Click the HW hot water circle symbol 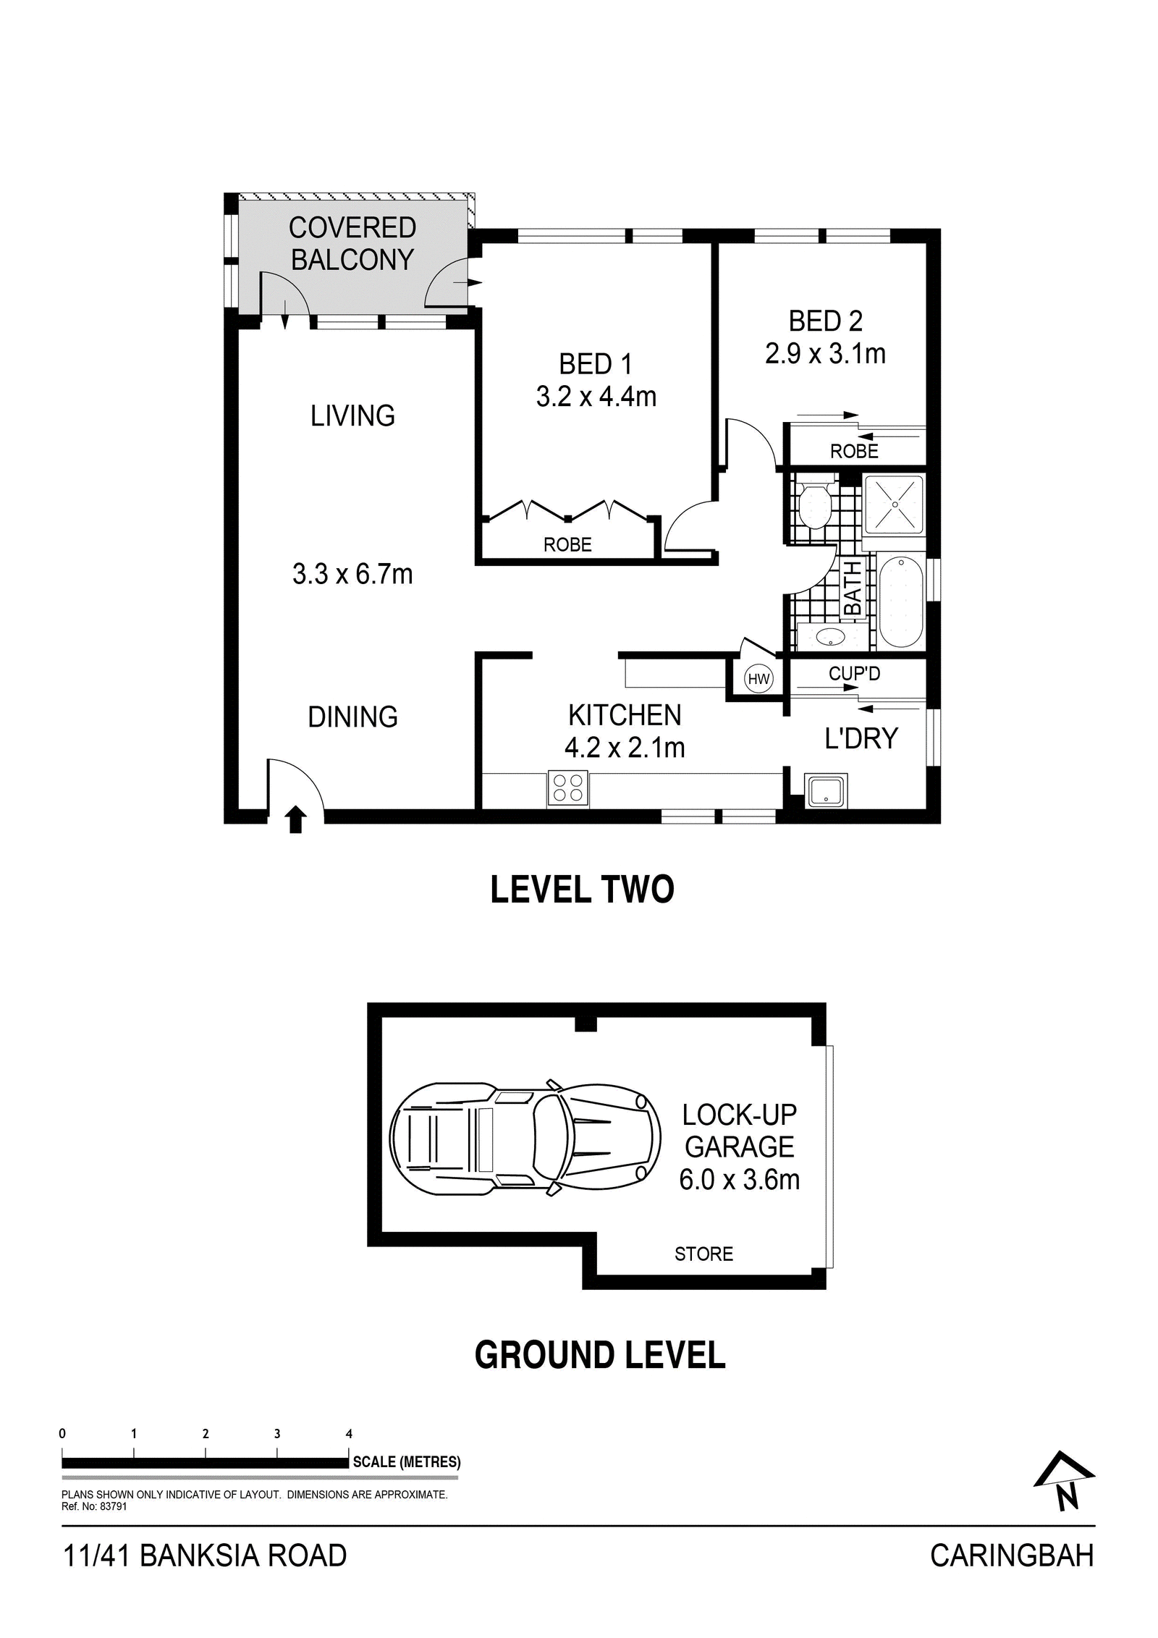(758, 679)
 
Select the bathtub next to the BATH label (900, 601)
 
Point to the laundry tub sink (827, 791)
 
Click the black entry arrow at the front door (295, 820)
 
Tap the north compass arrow (1063, 1481)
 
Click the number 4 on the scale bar (350, 1433)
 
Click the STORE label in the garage (703, 1254)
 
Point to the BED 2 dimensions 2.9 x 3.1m (825, 353)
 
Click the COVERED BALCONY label (352, 243)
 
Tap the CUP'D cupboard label (854, 673)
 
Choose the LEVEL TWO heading (582, 890)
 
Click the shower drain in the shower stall (895, 504)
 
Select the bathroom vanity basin (830, 637)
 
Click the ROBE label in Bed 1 (567, 544)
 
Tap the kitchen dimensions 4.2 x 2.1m (625, 747)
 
